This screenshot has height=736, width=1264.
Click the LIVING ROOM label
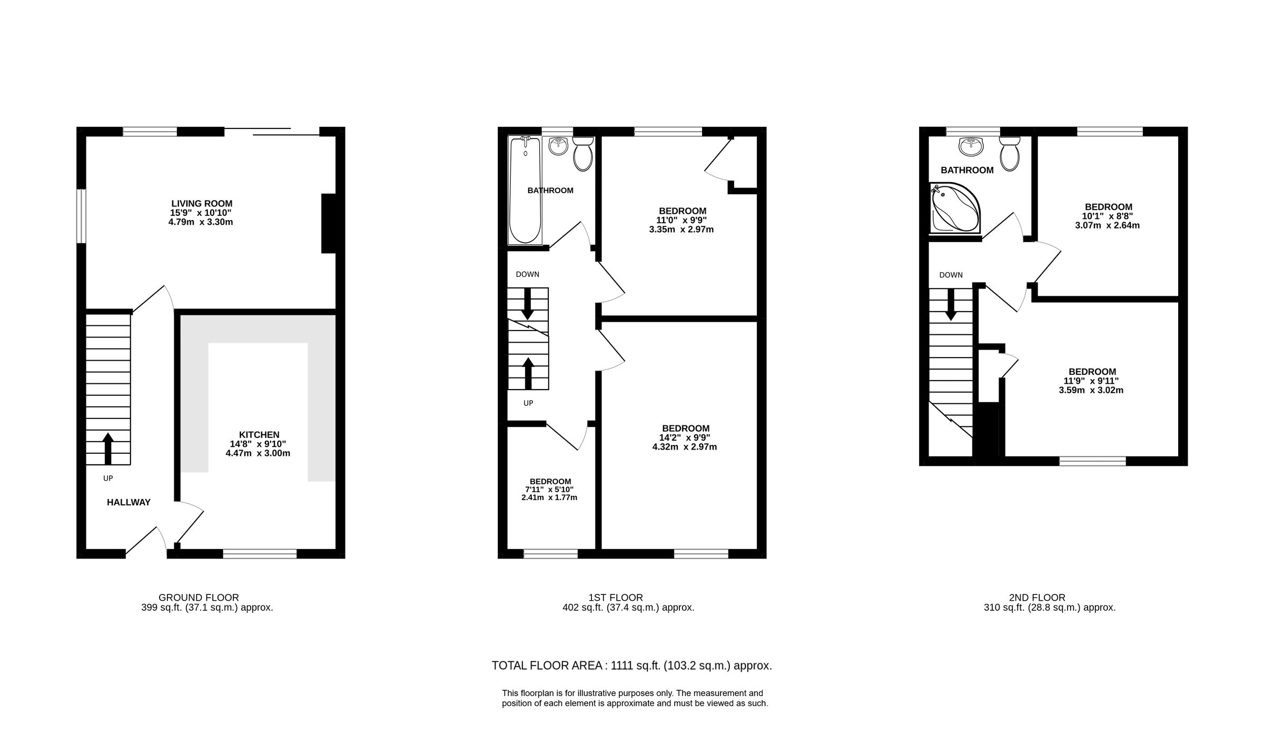click(x=202, y=204)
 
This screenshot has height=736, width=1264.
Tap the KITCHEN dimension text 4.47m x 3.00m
click(x=258, y=453)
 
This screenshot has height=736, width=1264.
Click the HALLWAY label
click(x=129, y=503)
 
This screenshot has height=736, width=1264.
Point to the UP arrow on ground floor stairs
click(x=108, y=448)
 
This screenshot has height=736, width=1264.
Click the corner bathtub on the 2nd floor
click(x=954, y=208)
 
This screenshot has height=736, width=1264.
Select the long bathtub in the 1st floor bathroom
click(x=525, y=191)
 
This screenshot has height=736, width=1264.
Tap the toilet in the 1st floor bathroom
click(x=582, y=154)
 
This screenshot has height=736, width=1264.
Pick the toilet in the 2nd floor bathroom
click(x=1009, y=154)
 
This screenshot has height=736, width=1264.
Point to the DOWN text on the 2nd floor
click(x=951, y=275)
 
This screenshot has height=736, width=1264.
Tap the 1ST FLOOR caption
click(x=616, y=598)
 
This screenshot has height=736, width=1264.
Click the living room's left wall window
click(x=81, y=216)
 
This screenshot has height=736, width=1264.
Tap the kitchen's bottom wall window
click(x=260, y=553)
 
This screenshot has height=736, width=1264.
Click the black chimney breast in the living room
click(x=328, y=224)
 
